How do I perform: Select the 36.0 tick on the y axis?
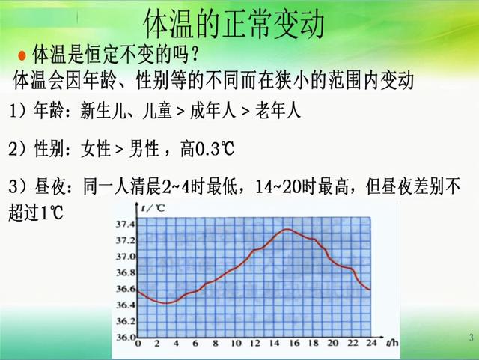click(x=124, y=338)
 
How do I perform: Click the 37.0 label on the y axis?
click(x=124, y=257)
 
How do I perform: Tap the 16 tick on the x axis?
click(x=293, y=344)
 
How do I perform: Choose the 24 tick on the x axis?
click(x=370, y=344)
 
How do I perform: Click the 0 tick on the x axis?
click(x=137, y=344)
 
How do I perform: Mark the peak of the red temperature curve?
click(x=287, y=229)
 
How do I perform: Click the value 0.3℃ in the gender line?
click(x=214, y=150)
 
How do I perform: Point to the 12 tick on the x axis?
click(x=254, y=344)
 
